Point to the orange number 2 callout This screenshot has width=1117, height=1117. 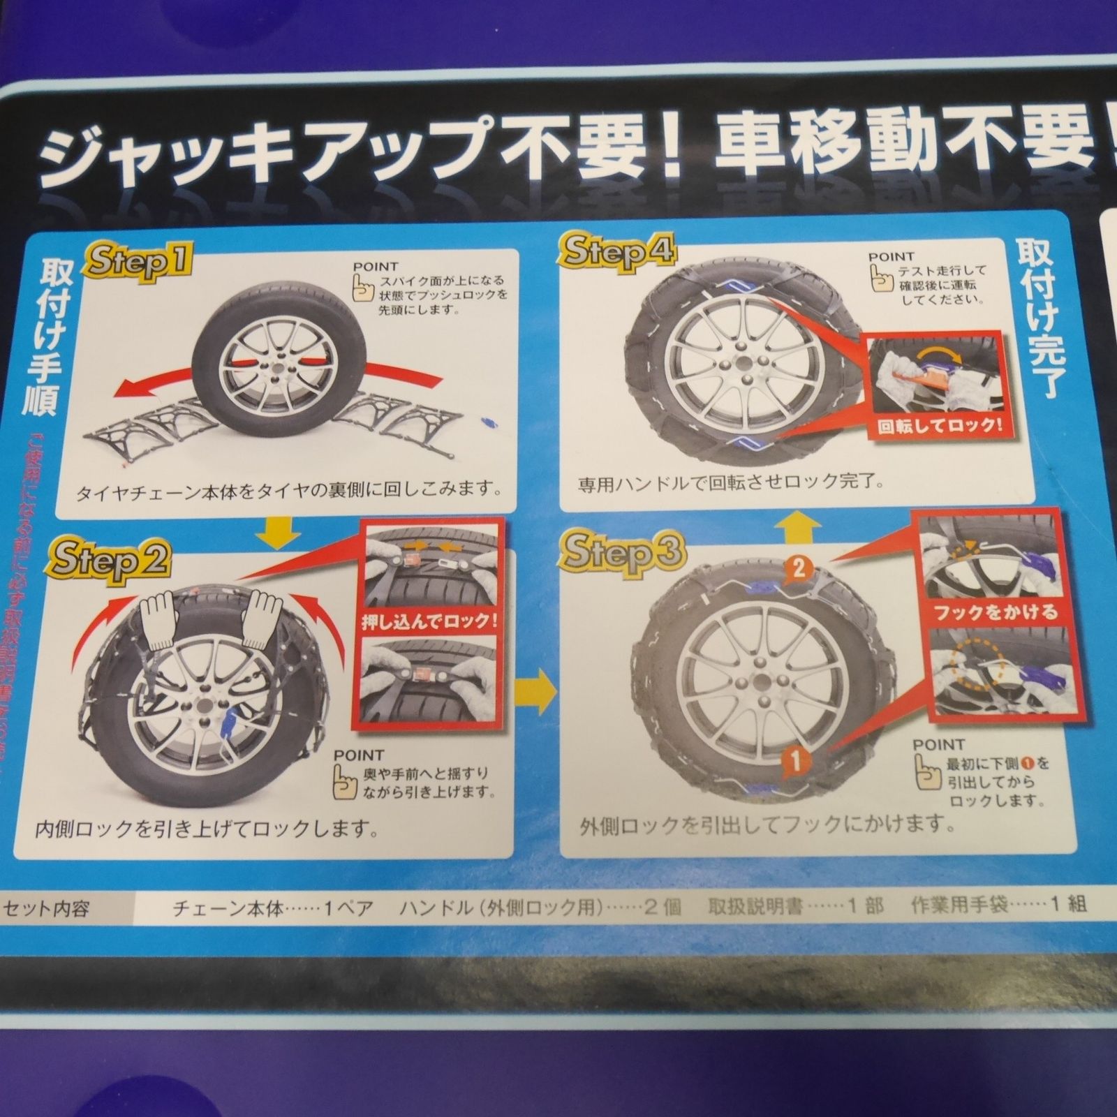(x=799, y=570)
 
